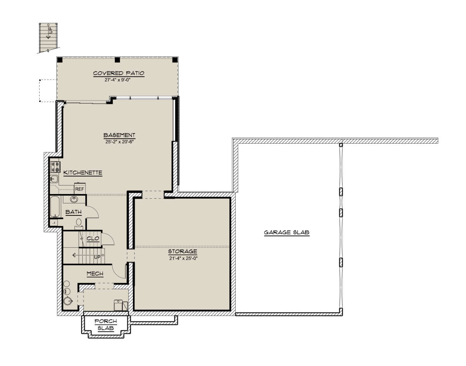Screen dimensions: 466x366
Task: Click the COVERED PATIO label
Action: tap(118, 73)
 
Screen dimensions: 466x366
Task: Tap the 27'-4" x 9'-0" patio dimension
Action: tap(118, 80)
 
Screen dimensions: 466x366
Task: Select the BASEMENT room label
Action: tap(119, 135)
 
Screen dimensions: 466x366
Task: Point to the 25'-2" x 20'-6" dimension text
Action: tap(120, 142)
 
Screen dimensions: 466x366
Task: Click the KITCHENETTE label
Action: tap(83, 173)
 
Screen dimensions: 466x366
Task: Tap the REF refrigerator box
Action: tap(80, 188)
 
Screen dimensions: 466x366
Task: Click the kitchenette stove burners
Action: tap(55, 167)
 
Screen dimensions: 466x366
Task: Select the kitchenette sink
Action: tap(54, 179)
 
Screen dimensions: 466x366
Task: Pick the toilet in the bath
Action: tap(79, 224)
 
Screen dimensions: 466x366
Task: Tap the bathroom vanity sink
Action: tap(74, 199)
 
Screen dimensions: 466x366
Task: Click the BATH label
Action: tap(73, 212)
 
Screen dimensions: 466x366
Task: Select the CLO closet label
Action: tap(93, 239)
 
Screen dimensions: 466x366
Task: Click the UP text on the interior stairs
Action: tap(97, 257)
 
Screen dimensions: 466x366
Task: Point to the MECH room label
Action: tap(95, 274)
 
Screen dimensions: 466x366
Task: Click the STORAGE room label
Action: tap(183, 252)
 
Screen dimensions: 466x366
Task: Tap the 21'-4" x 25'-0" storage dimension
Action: tap(183, 258)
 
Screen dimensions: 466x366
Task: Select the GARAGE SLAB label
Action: tap(287, 232)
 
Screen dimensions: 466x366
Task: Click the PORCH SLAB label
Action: tap(106, 325)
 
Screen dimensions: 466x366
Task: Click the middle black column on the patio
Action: tap(117, 60)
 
